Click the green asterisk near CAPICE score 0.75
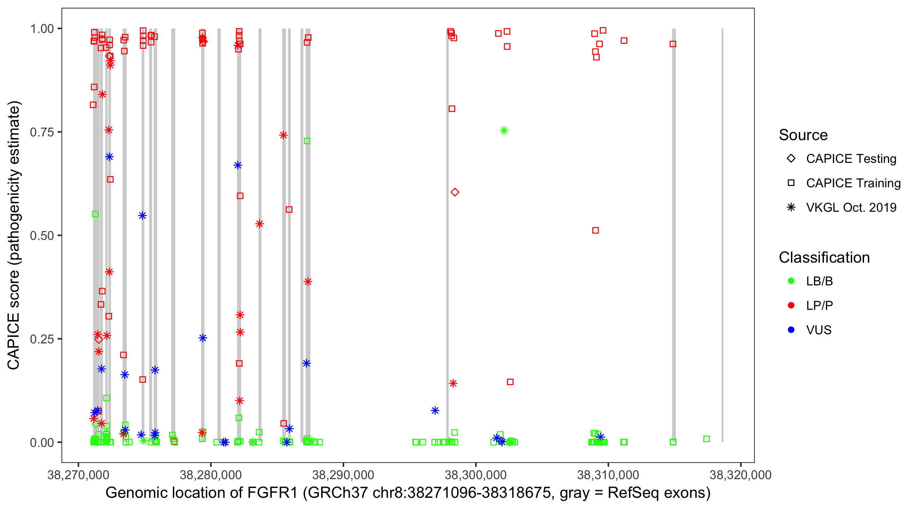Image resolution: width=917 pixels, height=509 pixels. coord(504,131)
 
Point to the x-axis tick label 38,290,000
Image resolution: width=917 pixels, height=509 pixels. coord(343,475)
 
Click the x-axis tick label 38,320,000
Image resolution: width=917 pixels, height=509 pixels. coord(740,475)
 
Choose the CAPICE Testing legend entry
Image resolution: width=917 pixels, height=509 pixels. coord(851,159)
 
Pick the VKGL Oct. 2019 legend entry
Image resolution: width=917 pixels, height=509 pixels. coord(851,207)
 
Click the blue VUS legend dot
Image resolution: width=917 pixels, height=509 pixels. coord(791,330)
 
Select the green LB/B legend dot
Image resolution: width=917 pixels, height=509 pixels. coord(791,281)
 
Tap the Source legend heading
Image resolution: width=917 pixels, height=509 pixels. coord(803,135)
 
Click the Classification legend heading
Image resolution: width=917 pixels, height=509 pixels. coord(824,258)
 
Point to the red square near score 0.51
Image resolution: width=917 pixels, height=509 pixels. coord(595,230)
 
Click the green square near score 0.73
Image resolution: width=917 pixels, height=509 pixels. coord(307,141)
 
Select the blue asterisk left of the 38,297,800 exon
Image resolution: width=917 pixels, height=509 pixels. coord(435,411)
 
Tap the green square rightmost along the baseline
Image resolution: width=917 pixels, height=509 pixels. coord(707,439)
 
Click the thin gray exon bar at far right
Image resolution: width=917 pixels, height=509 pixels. coord(722,235)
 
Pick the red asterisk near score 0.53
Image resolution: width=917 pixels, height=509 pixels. coord(259,224)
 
